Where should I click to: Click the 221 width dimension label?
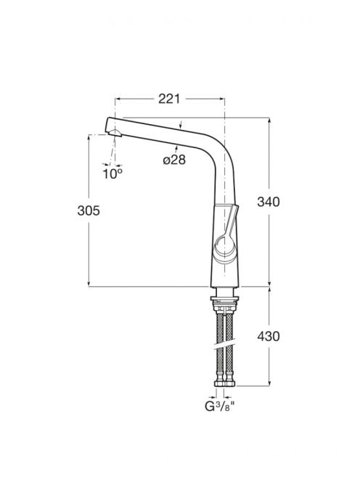pos(169,99)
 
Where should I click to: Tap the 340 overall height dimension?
pos(269,202)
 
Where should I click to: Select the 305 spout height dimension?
pos(89,211)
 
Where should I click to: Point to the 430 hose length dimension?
pos(269,336)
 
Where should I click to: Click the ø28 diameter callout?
pos(174,160)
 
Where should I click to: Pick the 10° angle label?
pos(112,174)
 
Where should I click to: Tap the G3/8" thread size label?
pos(220,407)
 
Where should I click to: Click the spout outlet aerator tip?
pos(114,133)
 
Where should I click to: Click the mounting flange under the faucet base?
pos(224,298)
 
